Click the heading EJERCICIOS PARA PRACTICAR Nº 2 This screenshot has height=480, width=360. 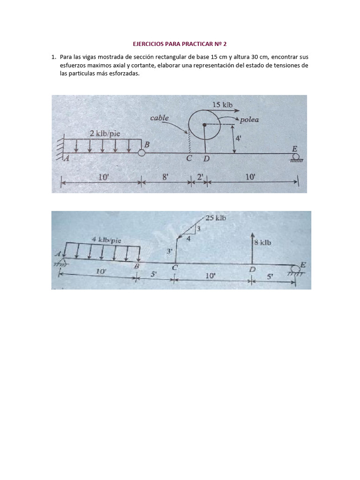180,44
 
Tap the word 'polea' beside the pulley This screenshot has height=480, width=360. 249,120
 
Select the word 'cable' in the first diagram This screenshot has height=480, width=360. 159,118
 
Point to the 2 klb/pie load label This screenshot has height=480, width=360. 105,133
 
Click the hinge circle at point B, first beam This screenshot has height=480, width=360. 141,152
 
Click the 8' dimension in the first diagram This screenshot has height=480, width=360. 165,177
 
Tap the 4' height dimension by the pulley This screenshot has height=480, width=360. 239,139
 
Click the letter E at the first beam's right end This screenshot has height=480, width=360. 294,149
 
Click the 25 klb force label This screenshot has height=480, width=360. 216,218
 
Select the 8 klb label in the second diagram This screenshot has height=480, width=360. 262,243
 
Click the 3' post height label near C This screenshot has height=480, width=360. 170,251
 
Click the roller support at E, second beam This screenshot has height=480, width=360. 295,270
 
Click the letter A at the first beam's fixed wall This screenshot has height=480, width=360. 66,158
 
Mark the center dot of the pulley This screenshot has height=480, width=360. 204,125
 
